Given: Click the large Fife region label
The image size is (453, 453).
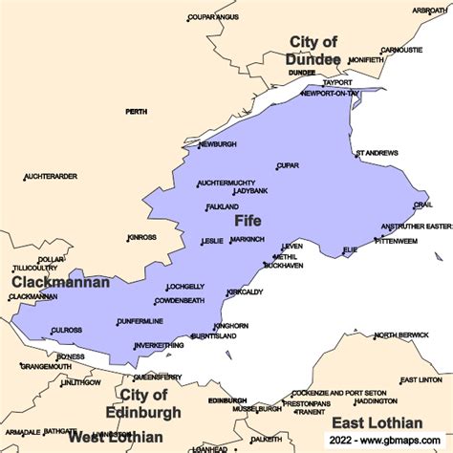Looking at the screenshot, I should pyautogui.click(x=248, y=221).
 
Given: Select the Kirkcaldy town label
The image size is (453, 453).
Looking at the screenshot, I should pyautogui.click(x=245, y=291).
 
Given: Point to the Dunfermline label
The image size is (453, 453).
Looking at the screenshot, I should pyautogui.click(x=140, y=321).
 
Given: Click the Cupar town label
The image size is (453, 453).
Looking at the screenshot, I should pyautogui.click(x=288, y=165).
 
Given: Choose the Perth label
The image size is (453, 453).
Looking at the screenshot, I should pyautogui.click(x=136, y=112).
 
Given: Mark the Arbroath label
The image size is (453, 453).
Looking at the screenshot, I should pyautogui.click(x=428, y=10).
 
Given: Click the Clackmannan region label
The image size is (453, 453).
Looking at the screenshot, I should pyautogui.click(x=60, y=283).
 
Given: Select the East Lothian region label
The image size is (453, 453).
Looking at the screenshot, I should pyautogui.click(x=376, y=422).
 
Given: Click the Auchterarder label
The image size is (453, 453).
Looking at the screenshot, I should pyautogui.click(x=51, y=177).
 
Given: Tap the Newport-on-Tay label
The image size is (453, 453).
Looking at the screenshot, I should pyautogui.click(x=332, y=95).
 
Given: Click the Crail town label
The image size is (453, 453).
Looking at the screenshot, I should pyautogui.click(x=422, y=205).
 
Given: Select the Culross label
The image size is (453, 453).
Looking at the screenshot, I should pyautogui.click(x=67, y=330).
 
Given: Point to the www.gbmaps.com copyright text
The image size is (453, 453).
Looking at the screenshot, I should pyautogui.click(x=387, y=441).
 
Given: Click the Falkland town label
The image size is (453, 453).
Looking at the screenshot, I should pyautogui.click(x=222, y=206).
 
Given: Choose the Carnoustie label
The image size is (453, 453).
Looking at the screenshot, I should pyautogui.click(x=401, y=50).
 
